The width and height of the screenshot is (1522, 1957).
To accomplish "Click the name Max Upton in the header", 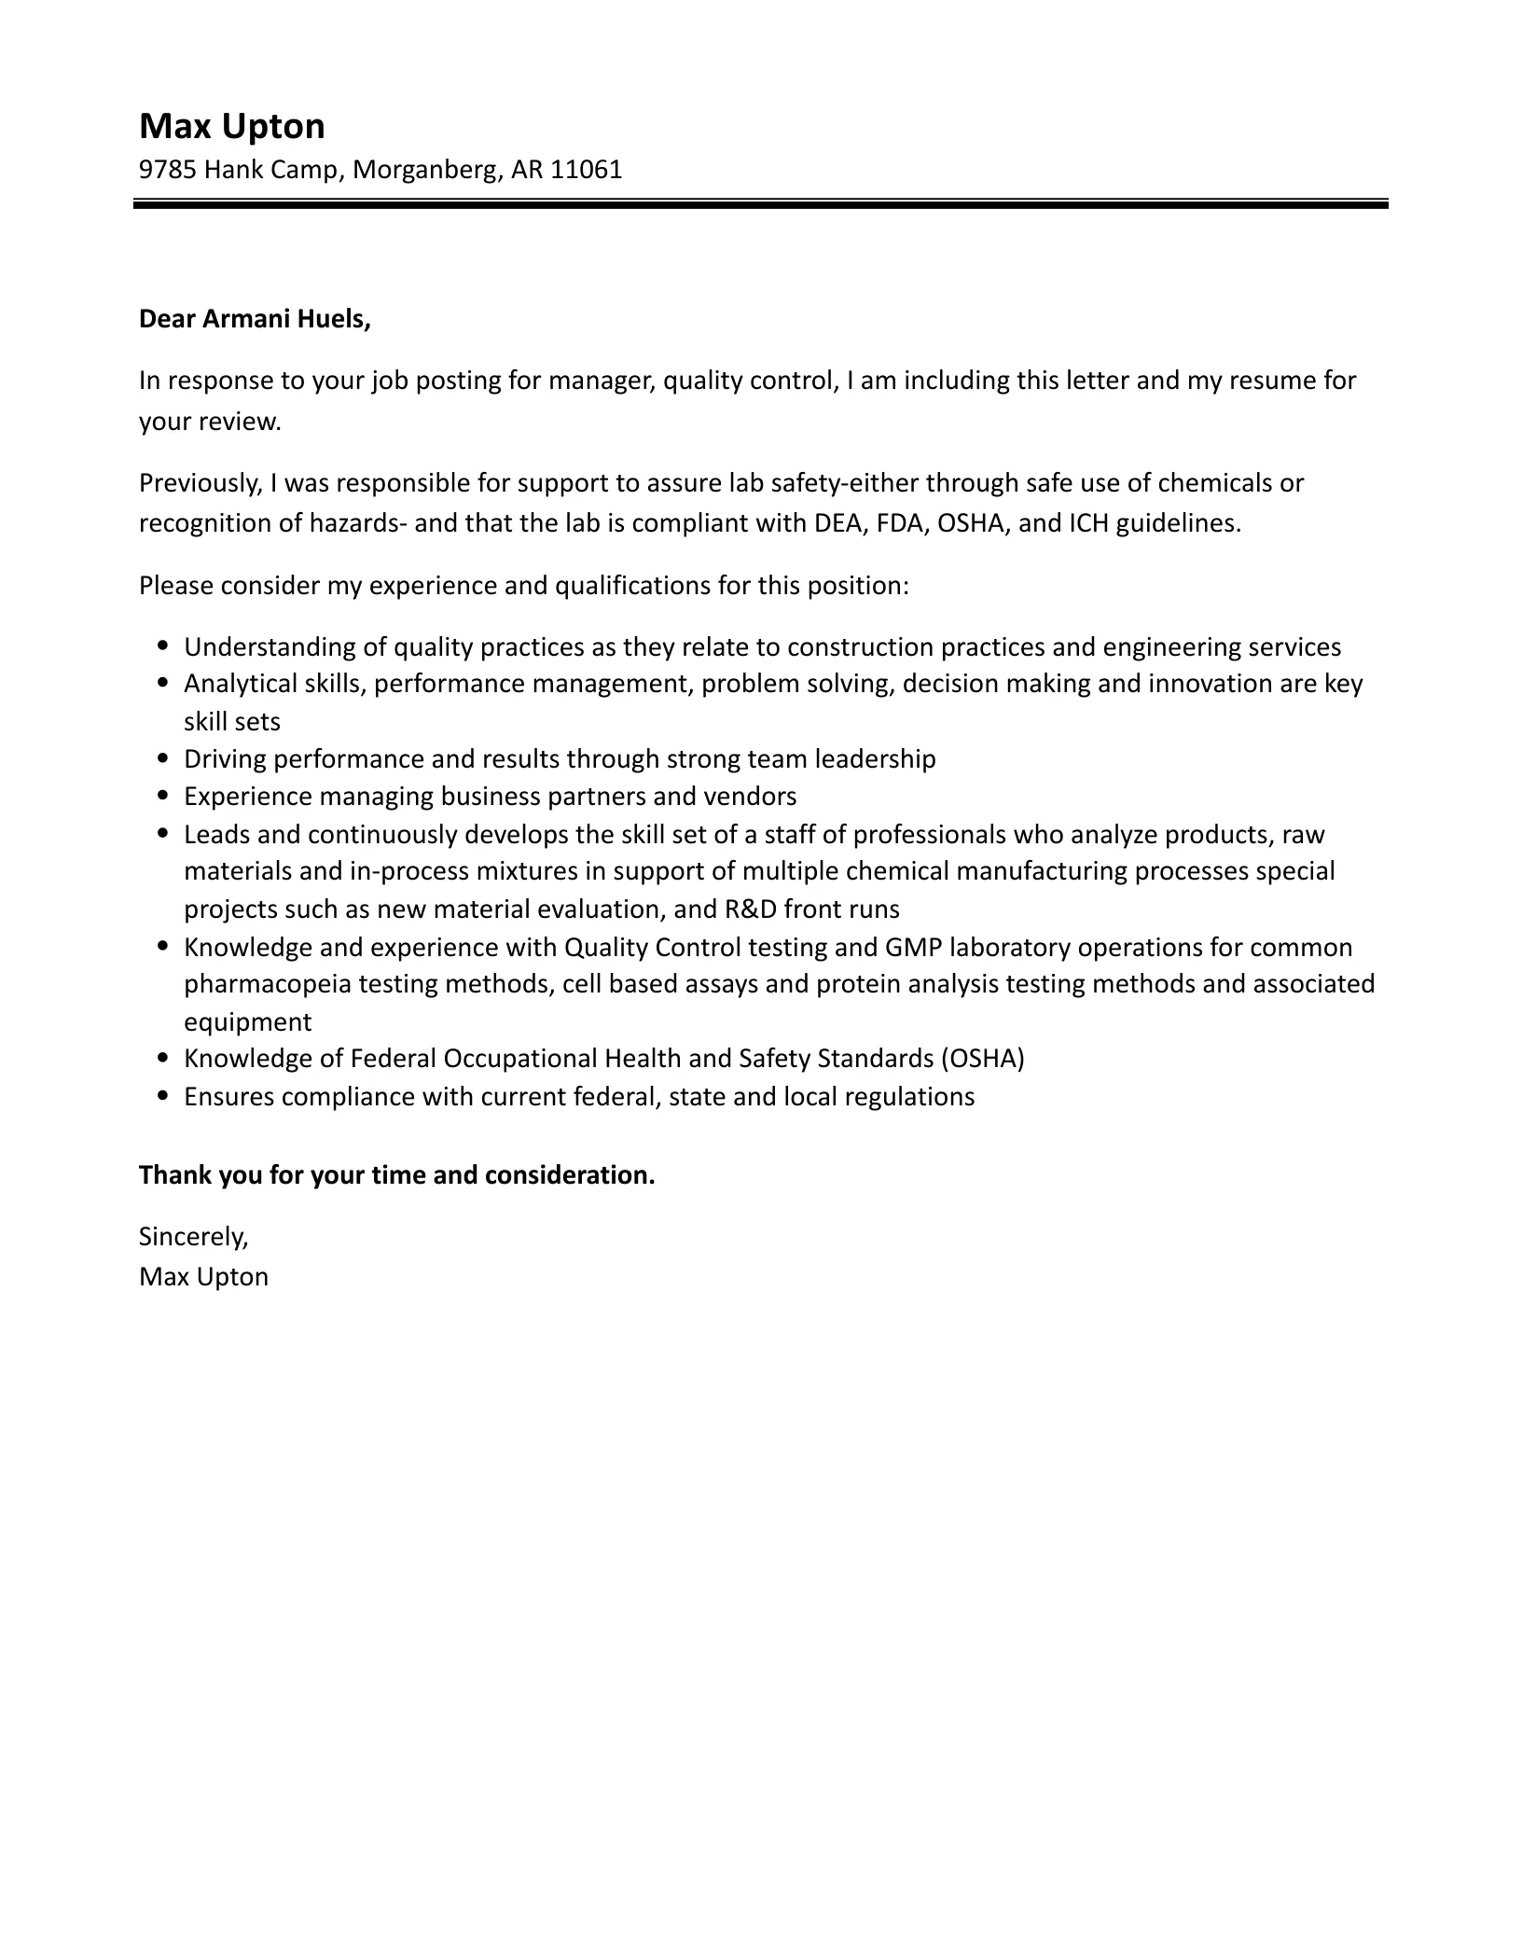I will [x=231, y=126].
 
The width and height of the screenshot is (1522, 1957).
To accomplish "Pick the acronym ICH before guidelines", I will [x=1088, y=523].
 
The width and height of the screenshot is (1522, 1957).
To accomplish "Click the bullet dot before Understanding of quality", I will [x=164, y=645].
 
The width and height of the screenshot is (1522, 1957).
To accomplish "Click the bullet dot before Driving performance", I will [x=164, y=758].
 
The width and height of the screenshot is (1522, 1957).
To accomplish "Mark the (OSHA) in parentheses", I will [x=982, y=1059].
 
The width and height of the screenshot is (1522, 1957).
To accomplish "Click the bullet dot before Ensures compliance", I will [x=164, y=1096].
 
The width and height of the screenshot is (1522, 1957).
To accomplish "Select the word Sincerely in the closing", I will [x=193, y=1237].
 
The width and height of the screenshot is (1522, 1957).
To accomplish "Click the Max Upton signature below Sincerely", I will [x=203, y=1277].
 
